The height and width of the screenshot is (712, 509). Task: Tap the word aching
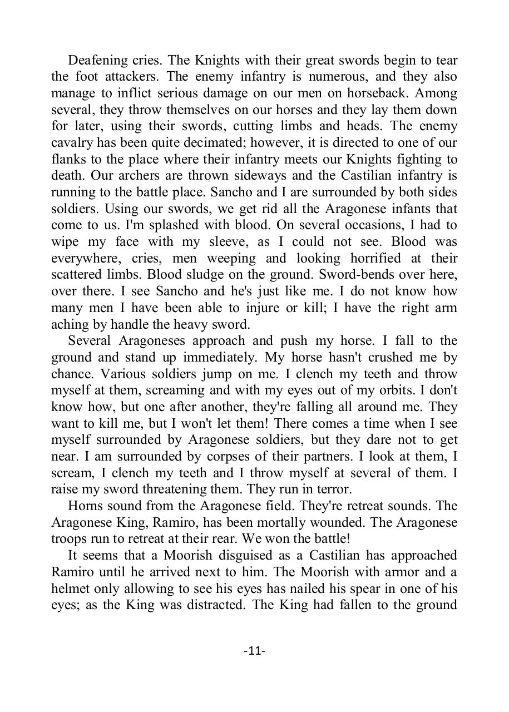tap(67, 324)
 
